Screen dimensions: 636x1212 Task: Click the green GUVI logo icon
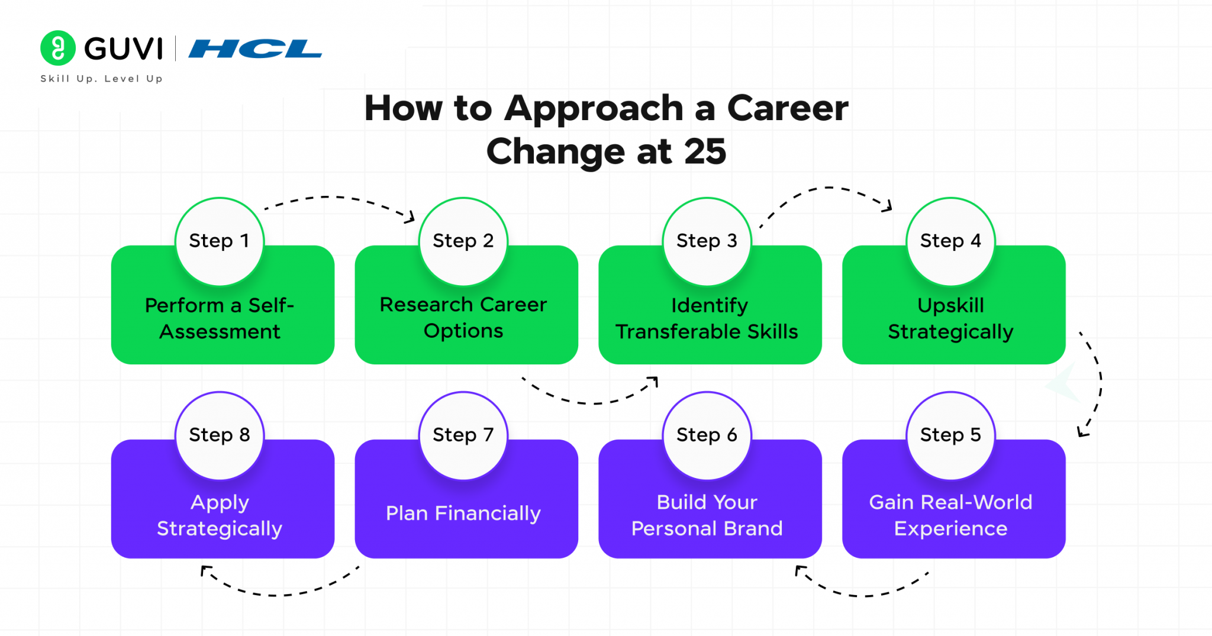point(57,48)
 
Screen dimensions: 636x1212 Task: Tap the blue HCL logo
point(255,49)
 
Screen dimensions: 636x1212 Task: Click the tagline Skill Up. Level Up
point(101,79)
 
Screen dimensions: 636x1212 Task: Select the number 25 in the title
point(705,151)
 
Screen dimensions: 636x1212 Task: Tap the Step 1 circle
point(220,241)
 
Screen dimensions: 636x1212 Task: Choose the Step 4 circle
point(950,241)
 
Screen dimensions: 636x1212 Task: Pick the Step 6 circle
point(707,435)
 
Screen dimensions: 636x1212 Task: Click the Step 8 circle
point(220,435)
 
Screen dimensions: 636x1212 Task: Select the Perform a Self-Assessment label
point(220,318)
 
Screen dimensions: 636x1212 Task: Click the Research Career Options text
point(463,317)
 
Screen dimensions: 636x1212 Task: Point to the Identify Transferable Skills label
point(707,318)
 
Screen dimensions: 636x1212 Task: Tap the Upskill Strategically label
point(950,318)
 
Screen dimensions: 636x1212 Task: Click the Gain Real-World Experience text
point(950,515)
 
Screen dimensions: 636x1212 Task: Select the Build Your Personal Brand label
point(707,515)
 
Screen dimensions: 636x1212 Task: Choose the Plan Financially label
point(463,513)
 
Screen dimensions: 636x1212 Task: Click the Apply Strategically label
point(220,515)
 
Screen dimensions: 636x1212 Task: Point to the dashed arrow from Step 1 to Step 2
point(337,199)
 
